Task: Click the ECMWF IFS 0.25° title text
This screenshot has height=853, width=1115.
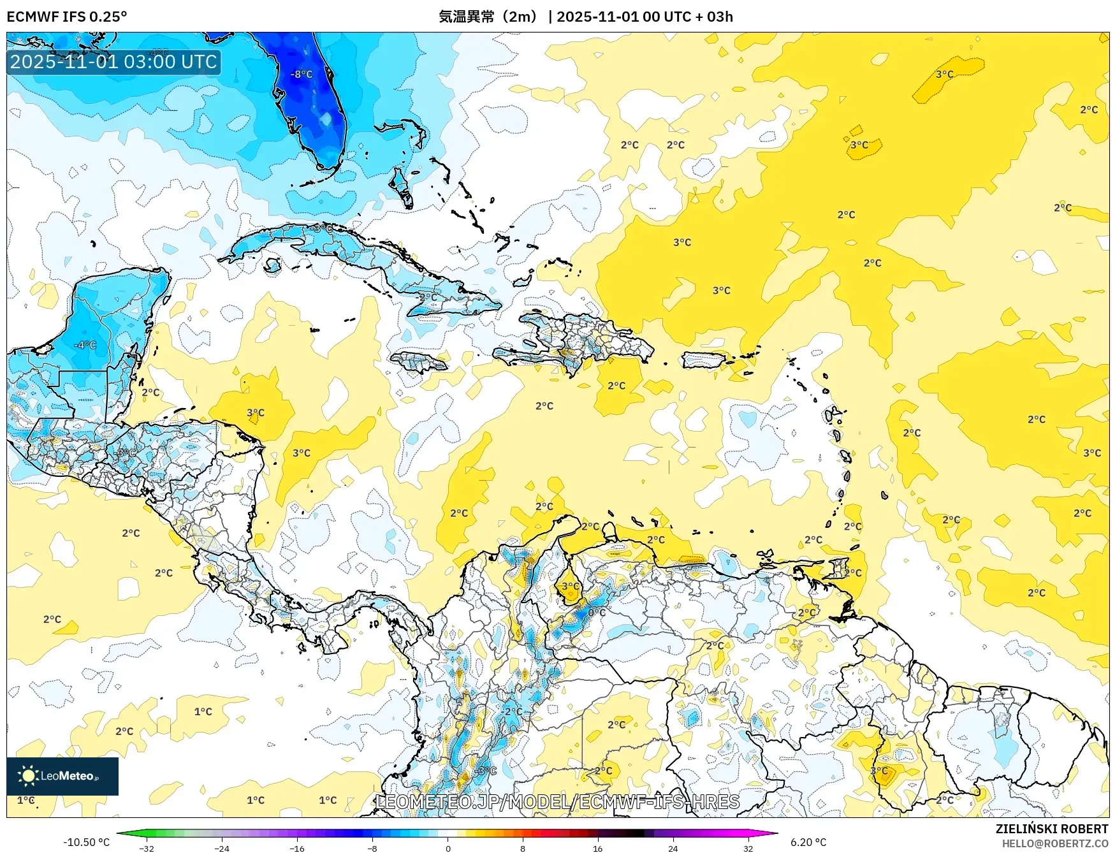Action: coord(66,17)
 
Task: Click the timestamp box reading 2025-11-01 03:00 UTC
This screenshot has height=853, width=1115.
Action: coord(113,62)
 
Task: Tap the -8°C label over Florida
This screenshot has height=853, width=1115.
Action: coord(302,74)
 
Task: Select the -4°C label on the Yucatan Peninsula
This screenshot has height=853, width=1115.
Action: coord(85,345)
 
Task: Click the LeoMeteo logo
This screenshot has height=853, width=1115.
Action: coord(62,776)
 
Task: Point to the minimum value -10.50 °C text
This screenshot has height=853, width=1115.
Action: coord(86,842)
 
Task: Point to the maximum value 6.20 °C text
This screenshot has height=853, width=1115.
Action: coord(808,842)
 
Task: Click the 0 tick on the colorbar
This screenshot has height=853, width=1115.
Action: coord(448,848)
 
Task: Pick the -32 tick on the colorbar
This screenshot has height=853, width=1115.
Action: coord(147,848)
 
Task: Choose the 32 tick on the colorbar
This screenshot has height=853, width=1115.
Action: coord(748,848)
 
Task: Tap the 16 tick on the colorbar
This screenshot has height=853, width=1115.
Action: coord(597,848)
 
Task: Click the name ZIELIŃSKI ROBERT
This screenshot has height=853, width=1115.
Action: coord(1051,828)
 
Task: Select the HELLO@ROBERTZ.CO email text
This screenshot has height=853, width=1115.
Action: coord(1054,843)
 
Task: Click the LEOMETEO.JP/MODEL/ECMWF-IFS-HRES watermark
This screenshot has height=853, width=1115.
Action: coord(558,801)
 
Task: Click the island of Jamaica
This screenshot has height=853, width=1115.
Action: coord(418,363)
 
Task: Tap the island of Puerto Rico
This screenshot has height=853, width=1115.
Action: coord(704,360)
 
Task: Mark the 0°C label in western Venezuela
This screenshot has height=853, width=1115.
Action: coord(597,613)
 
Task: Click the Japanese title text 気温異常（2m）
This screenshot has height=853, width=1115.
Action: coord(488,17)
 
